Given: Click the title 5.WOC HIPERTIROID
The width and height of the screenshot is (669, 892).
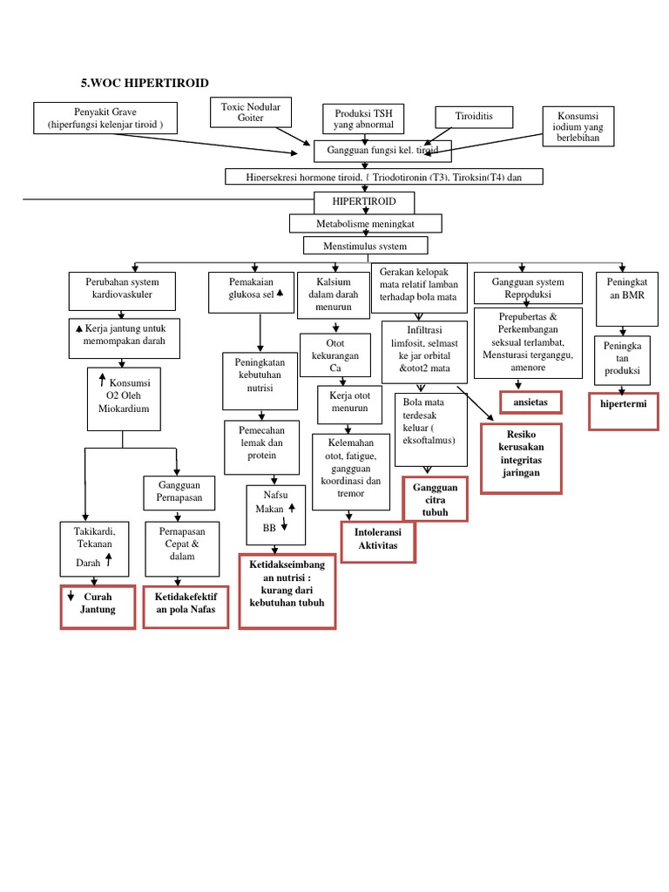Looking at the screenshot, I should (145, 83).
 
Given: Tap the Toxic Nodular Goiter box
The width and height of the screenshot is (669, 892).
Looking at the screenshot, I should (251, 112).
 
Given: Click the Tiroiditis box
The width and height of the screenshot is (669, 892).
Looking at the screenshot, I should (474, 117).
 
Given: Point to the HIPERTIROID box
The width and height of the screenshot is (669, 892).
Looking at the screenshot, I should (364, 202).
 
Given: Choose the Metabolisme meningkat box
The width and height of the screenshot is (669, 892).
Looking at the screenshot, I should (366, 224).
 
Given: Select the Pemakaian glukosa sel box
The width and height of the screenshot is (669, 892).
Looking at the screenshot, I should (250, 289).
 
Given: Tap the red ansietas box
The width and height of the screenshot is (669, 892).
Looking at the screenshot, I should (530, 402).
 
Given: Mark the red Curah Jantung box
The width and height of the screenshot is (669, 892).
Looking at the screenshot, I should (98, 607).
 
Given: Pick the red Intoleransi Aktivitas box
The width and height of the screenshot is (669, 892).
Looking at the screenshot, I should (377, 539).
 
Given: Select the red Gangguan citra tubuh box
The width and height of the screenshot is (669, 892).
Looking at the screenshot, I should (436, 500).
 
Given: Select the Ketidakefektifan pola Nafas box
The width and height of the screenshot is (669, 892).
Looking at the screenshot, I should (186, 607).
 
